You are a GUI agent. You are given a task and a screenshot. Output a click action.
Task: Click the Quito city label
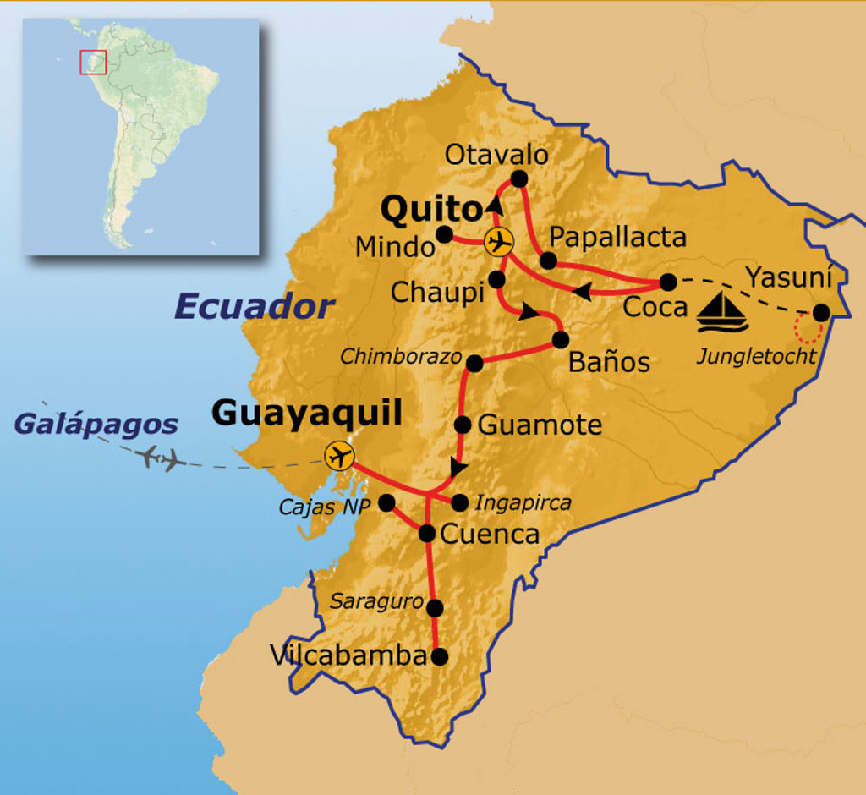[430, 208]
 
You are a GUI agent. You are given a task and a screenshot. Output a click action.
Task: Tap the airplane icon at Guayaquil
[339, 457]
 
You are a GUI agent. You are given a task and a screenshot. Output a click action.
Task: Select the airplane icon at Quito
[499, 242]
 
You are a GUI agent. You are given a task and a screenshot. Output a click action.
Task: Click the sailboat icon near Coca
[721, 312]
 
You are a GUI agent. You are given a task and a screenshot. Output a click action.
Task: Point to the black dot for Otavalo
[519, 178]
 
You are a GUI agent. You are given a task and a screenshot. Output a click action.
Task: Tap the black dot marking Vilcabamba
[439, 655]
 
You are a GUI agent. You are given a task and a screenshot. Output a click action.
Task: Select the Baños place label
[609, 362]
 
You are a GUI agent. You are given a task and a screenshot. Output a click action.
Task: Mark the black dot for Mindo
[444, 234]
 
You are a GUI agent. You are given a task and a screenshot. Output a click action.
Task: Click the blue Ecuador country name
[255, 307]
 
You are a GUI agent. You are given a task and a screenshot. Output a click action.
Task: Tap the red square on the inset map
[93, 62]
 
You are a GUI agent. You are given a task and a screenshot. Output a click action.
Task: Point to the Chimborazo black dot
[474, 363]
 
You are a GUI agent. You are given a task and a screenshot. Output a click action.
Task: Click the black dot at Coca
[668, 282]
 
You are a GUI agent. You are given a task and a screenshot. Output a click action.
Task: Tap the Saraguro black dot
[436, 608]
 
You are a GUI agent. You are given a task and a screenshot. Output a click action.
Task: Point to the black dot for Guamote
[463, 425]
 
